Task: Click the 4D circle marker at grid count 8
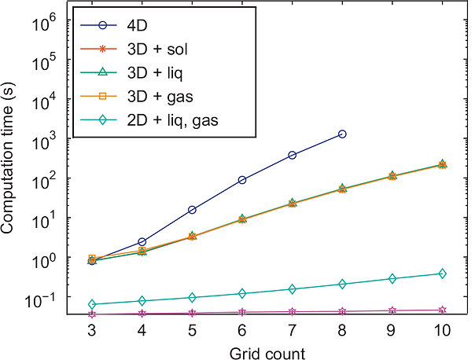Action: (x=342, y=134)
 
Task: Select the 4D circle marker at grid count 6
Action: (x=242, y=180)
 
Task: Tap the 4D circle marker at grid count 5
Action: (x=192, y=210)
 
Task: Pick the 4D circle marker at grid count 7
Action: (x=293, y=155)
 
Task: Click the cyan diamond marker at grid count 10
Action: (x=443, y=274)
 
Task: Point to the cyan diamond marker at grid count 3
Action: (x=92, y=304)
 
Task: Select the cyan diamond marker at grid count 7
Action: (x=293, y=289)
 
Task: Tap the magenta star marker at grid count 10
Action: (x=443, y=310)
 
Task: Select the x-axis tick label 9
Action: (x=392, y=332)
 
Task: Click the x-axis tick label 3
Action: (x=92, y=332)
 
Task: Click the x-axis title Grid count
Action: (x=267, y=351)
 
